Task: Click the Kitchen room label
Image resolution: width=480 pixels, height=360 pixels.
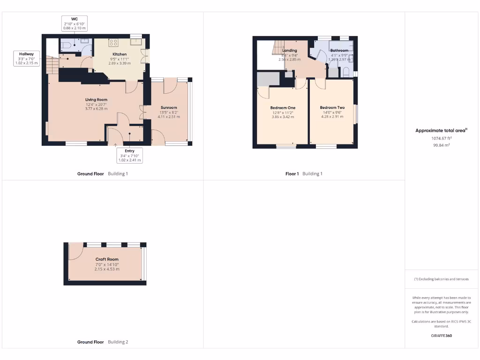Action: pyautogui.click(x=120, y=54)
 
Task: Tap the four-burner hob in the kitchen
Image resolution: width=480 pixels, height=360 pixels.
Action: pyautogui.click(x=113, y=43)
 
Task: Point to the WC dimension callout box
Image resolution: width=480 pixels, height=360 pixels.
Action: pyautogui.click(x=74, y=23)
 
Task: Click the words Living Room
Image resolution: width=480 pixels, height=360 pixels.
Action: pyautogui.click(x=96, y=100)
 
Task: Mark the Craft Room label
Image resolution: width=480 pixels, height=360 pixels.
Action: pyautogui.click(x=107, y=259)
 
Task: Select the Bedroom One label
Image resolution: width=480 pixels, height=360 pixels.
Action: pyautogui.click(x=283, y=108)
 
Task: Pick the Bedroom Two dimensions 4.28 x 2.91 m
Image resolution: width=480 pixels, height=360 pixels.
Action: pyautogui.click(x=332, y=117)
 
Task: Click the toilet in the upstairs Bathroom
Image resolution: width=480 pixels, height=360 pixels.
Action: pyautogui.click(x=346, y=72)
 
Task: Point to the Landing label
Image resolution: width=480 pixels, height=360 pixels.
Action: pyautogui.click(x=289, y=51)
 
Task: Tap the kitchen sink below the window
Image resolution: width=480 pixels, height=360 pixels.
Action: pyautogui.click(x=137, y=43)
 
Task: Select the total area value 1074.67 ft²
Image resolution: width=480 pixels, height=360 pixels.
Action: pyautogui.click(x=441, y=138)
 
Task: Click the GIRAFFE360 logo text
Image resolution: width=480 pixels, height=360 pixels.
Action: pyautogui.click(x=441, y=336)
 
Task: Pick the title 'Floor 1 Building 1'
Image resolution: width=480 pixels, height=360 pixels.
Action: pyautogui.click(x=304, y=174)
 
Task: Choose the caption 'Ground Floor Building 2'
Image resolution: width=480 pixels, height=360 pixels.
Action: pyautogui.click(x=102, y=342)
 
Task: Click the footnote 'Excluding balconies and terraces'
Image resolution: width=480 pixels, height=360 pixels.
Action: pyautogui.click(x=441, y=279)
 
